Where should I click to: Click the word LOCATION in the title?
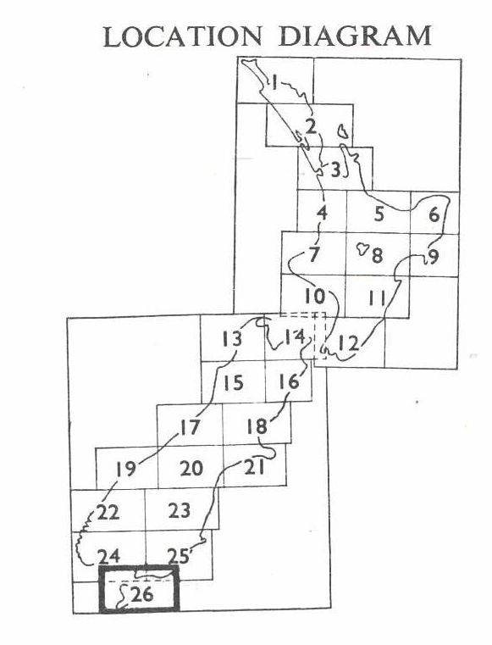coord(182,36)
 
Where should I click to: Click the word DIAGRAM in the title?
coord(355,36)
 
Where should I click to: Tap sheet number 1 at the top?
coord(274,82)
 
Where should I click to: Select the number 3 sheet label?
coord(336,170)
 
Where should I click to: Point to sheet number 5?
coord(379,214)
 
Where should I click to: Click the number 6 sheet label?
coord(434,214)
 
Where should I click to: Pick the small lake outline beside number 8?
coord(362,249)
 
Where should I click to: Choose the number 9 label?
coord(434,256)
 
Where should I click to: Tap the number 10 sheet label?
coord(315,296)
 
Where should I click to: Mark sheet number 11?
coord(377,298)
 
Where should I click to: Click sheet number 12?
coord(349,342)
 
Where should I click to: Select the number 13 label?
coord(232,338)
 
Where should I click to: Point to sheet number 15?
coord(234,383)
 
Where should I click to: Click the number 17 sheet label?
coord(190,428)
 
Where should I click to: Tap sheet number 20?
coord(191,469)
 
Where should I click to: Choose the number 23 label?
coord(180,510)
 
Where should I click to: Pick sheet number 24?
coord(108,557)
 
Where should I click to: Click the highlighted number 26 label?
coord(141,594)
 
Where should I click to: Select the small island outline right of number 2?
coord(342,132)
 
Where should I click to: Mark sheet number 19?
coord(125,469)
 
